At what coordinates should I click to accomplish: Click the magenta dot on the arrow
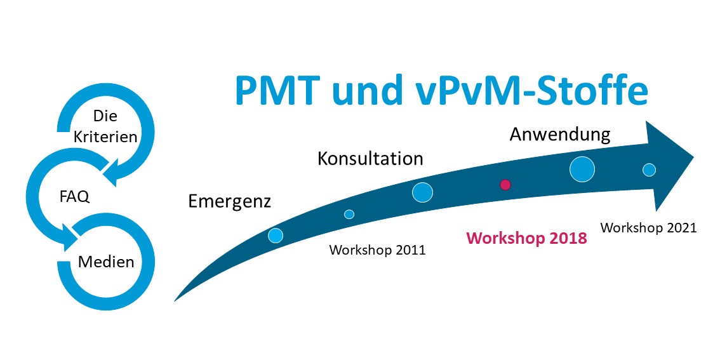tap(505, 185)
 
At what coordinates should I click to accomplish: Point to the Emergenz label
tap(230, 201)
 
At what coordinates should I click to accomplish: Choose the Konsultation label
tap(370, 159)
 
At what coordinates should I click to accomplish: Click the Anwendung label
tap(560, 135)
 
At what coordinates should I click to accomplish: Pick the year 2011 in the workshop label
tap(409, 250)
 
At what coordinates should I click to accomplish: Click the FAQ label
tap(74, 197)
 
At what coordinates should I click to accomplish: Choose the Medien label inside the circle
tap(106, 262)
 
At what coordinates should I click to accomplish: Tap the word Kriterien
tap(105, 137)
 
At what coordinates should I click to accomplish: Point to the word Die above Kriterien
tap(105, 116)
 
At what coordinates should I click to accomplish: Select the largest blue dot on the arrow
tap(582, 169)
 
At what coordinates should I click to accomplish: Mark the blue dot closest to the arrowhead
tap(649, 170)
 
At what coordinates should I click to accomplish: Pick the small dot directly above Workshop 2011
tap(349, 214)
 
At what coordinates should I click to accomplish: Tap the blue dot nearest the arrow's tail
tap(276, 235)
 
